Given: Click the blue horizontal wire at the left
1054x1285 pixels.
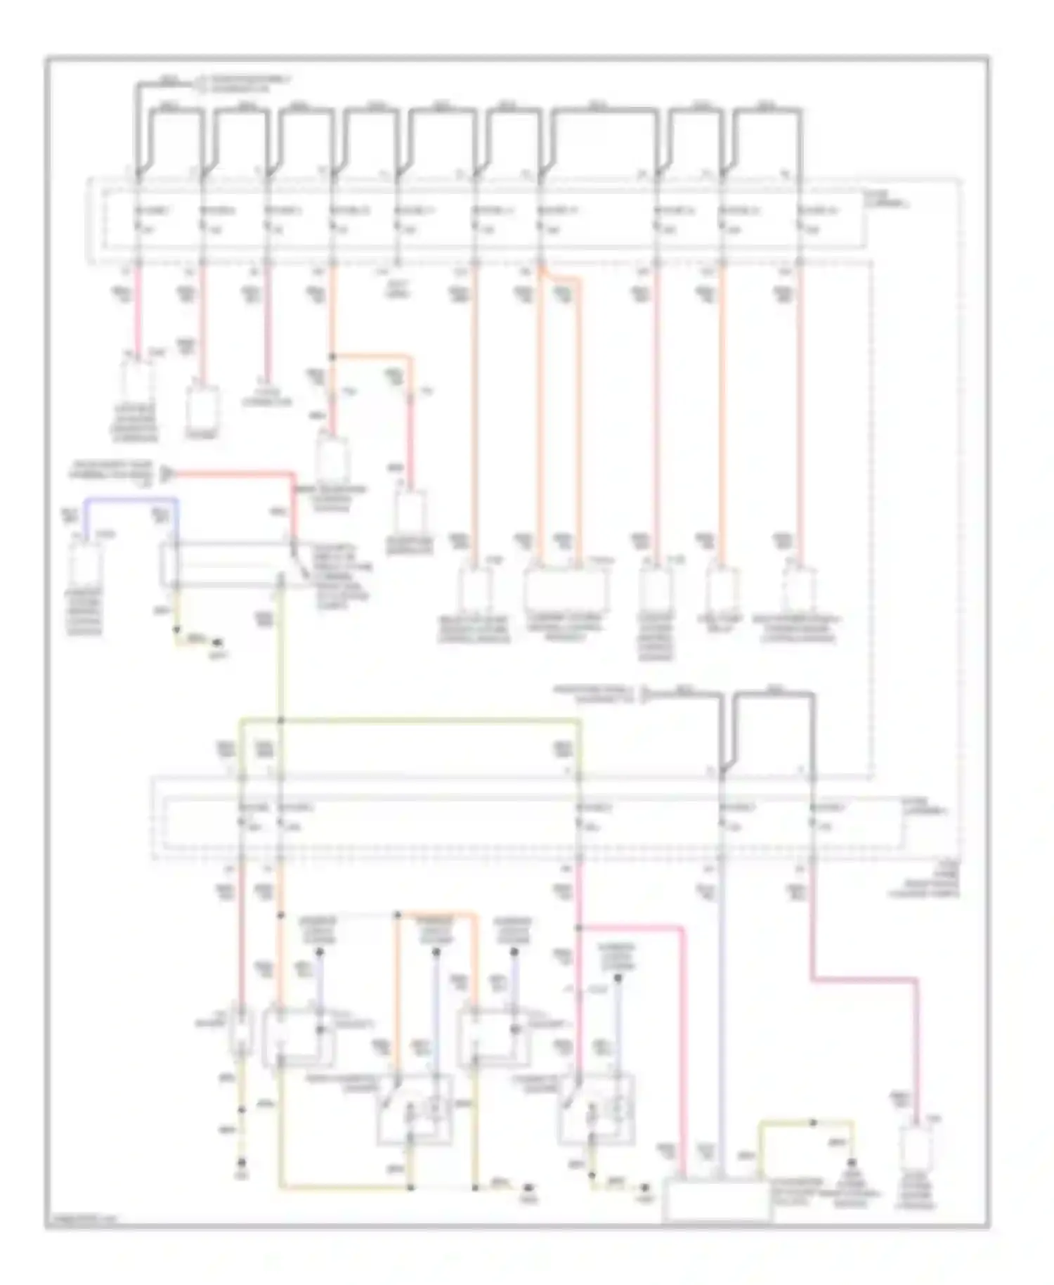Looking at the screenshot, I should (x=130, y=500).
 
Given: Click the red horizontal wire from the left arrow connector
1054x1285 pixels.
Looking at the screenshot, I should (x=232, y=473).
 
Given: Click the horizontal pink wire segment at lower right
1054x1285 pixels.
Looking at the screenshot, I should (x=864, y=979).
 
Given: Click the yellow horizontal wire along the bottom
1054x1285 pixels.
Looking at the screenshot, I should (x=344, y=1188).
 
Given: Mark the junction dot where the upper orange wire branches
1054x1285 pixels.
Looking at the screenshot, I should (x=332, y=357).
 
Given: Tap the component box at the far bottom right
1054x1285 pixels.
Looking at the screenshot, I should (x=918, y=1151).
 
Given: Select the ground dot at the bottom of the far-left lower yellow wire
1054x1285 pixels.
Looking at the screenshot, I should (x=241, y=1163).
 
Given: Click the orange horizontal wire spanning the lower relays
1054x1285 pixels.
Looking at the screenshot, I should (x=436, y=915).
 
